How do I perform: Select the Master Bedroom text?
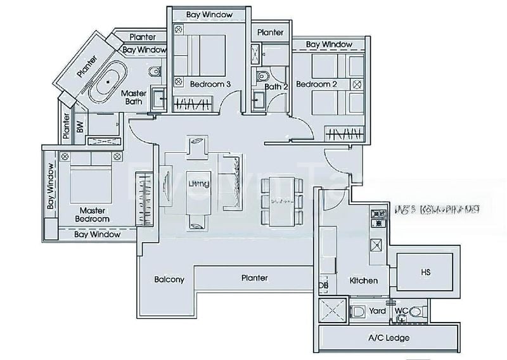94,214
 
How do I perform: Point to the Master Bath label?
134,98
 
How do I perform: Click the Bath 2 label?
276,87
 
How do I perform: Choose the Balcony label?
169,280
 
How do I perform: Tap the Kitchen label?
363,280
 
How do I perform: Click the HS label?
426,271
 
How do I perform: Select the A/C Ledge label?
388,338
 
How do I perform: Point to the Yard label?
378,311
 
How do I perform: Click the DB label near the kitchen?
323,286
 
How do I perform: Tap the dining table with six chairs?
282,200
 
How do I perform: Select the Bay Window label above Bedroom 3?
210,15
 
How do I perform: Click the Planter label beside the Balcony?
254,278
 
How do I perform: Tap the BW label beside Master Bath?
80,127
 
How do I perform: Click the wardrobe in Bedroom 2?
345,134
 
